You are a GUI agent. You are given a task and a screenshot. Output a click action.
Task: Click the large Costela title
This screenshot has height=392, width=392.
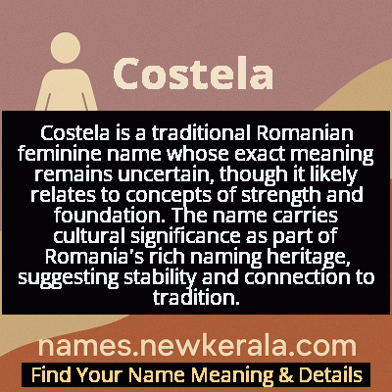pyautogui.click(x=192, y=72)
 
